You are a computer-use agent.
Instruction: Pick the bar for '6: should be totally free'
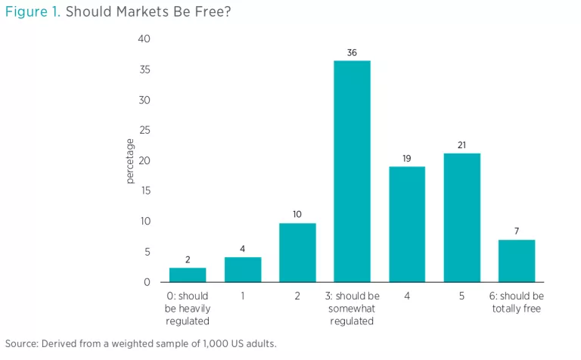click(x=517, y=261)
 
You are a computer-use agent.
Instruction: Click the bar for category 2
click(x=298, y=253)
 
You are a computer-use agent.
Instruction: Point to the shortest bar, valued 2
click(x=188, y=275)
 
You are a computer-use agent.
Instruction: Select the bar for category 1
click(x=243, y=270)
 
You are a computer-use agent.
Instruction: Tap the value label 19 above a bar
click(x=407, y=158)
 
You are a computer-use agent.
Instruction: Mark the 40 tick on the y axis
click(x=146, y=39)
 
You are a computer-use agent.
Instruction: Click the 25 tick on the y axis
click(x=146, y=130)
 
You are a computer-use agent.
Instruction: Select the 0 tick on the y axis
click(x=148, y=282)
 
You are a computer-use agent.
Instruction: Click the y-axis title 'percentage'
click(x=130, y=160)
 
